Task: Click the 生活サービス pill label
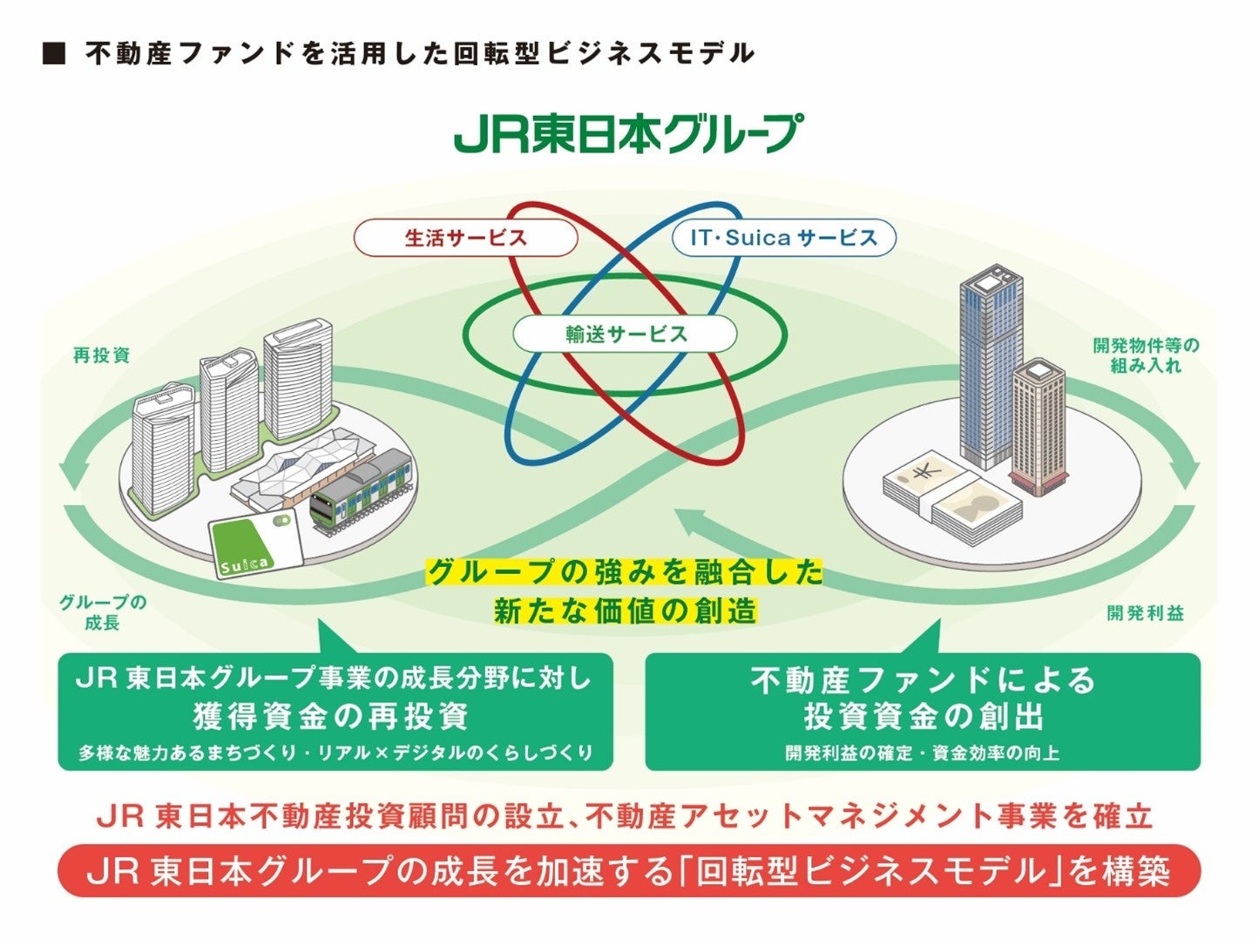click(465, 238)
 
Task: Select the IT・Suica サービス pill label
click(783, 238)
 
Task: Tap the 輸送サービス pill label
click(625, 334)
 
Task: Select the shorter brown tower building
click(1039, 427)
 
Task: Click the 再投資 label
click(101, 355)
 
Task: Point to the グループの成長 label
click(103, 612)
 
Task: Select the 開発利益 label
click(1145, 613)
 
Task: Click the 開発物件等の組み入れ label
click(1145, 355)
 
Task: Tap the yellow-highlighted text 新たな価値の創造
click(625, 611)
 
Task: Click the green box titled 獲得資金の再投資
click(335, 713)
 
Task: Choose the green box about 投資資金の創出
click(922, 713)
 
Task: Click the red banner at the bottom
click(628, 871)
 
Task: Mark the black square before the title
click(54, 54)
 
